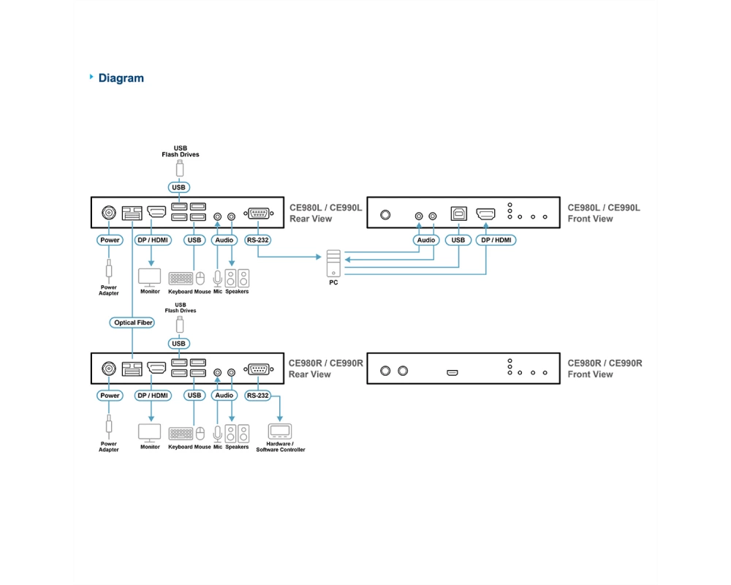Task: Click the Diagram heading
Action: point(121,78)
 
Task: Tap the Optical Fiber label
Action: point(132,322)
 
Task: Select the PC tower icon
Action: point(333,263)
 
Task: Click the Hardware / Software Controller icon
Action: point(280,431)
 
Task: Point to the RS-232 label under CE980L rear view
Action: point(258,241)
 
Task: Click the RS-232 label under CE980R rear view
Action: point(258,396)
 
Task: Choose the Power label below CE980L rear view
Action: point(110,241)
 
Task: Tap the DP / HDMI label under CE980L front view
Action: point(496,241)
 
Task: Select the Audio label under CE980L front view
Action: point(426,241)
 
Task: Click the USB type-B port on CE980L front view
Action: point(459,214)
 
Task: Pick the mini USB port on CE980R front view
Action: point(452,373)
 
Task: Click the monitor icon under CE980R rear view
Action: point(150,433)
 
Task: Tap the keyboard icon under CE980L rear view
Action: point(181,279)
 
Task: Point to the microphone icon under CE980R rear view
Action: point(217,434)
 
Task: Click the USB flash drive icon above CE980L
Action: point(180,168)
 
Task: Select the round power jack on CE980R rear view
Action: point(109,369)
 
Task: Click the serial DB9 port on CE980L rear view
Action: point(259,214)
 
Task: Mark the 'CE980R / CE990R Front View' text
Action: point(605,369)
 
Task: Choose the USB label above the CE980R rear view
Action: point(178,344)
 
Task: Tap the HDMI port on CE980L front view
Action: point(485,214)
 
